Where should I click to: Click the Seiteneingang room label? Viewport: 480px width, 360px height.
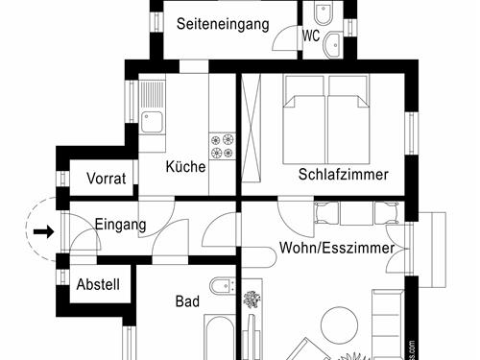(x=222, y=26)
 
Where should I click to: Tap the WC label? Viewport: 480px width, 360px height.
(x=311, y=36)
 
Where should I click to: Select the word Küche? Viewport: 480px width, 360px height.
(x=185, y=167)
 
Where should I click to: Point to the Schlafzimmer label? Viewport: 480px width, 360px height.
(x=343, y=175)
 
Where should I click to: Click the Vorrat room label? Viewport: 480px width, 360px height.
(x=106, y=179)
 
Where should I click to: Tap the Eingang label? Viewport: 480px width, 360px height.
(x=120, y=226)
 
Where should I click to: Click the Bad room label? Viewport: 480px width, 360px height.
(x=187, y=301)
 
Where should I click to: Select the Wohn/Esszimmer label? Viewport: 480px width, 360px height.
(x=336, y=248)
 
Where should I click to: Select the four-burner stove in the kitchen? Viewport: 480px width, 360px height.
(x=222, y=145)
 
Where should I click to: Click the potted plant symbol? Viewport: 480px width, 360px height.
(x=252, y=300)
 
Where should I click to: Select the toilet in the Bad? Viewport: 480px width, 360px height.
(x=221, y=284)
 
